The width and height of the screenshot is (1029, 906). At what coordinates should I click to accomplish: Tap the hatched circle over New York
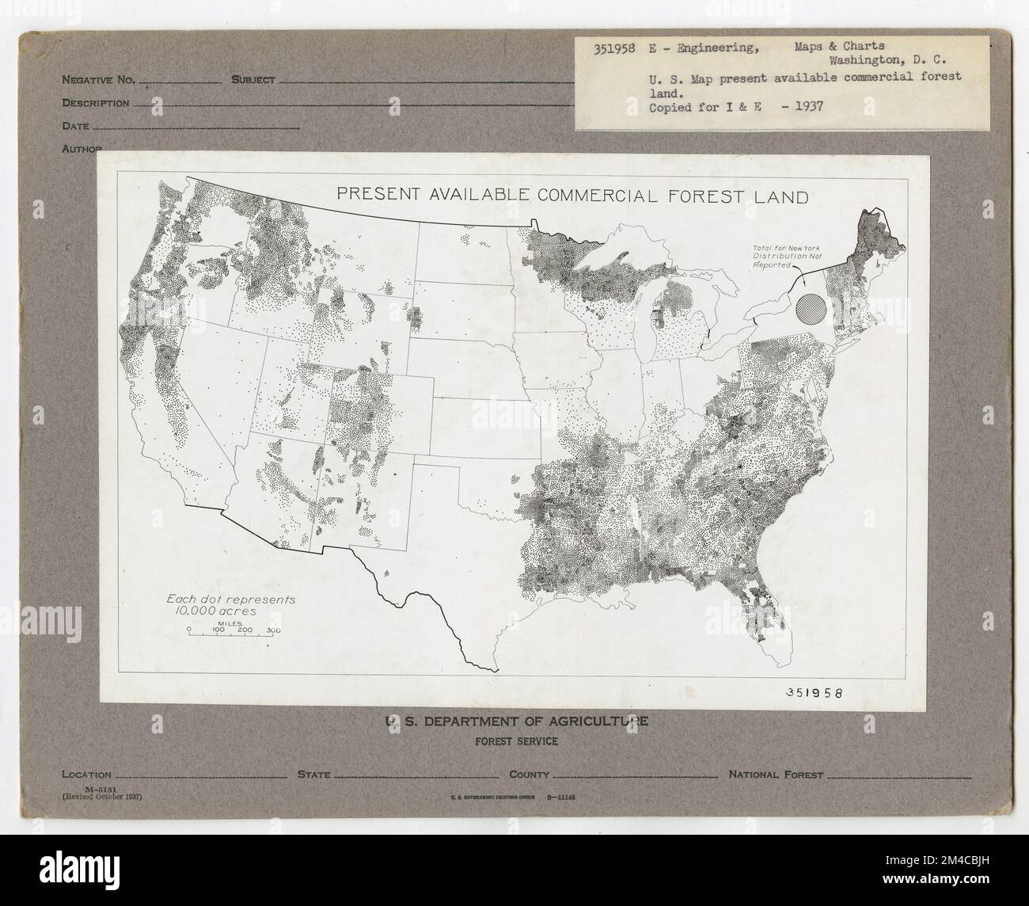coord(811,307)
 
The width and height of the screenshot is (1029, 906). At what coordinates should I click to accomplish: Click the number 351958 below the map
coord(814,691)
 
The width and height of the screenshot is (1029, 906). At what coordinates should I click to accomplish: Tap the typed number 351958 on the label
coord(614,48)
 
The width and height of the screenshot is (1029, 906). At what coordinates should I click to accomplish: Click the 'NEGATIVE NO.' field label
coord(99,80)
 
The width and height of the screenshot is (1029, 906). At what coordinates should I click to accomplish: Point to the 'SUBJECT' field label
coord(253,80)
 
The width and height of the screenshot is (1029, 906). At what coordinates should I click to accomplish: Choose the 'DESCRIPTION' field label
coord(95,103)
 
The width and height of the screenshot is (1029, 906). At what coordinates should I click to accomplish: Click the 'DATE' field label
coord(75,126)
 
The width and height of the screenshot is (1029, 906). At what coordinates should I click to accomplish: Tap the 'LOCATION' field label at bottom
coord(86,775)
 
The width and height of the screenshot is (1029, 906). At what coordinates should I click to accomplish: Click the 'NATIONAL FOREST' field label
coord(776,775)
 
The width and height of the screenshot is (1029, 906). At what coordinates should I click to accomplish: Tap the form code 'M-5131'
coord(81,789)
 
